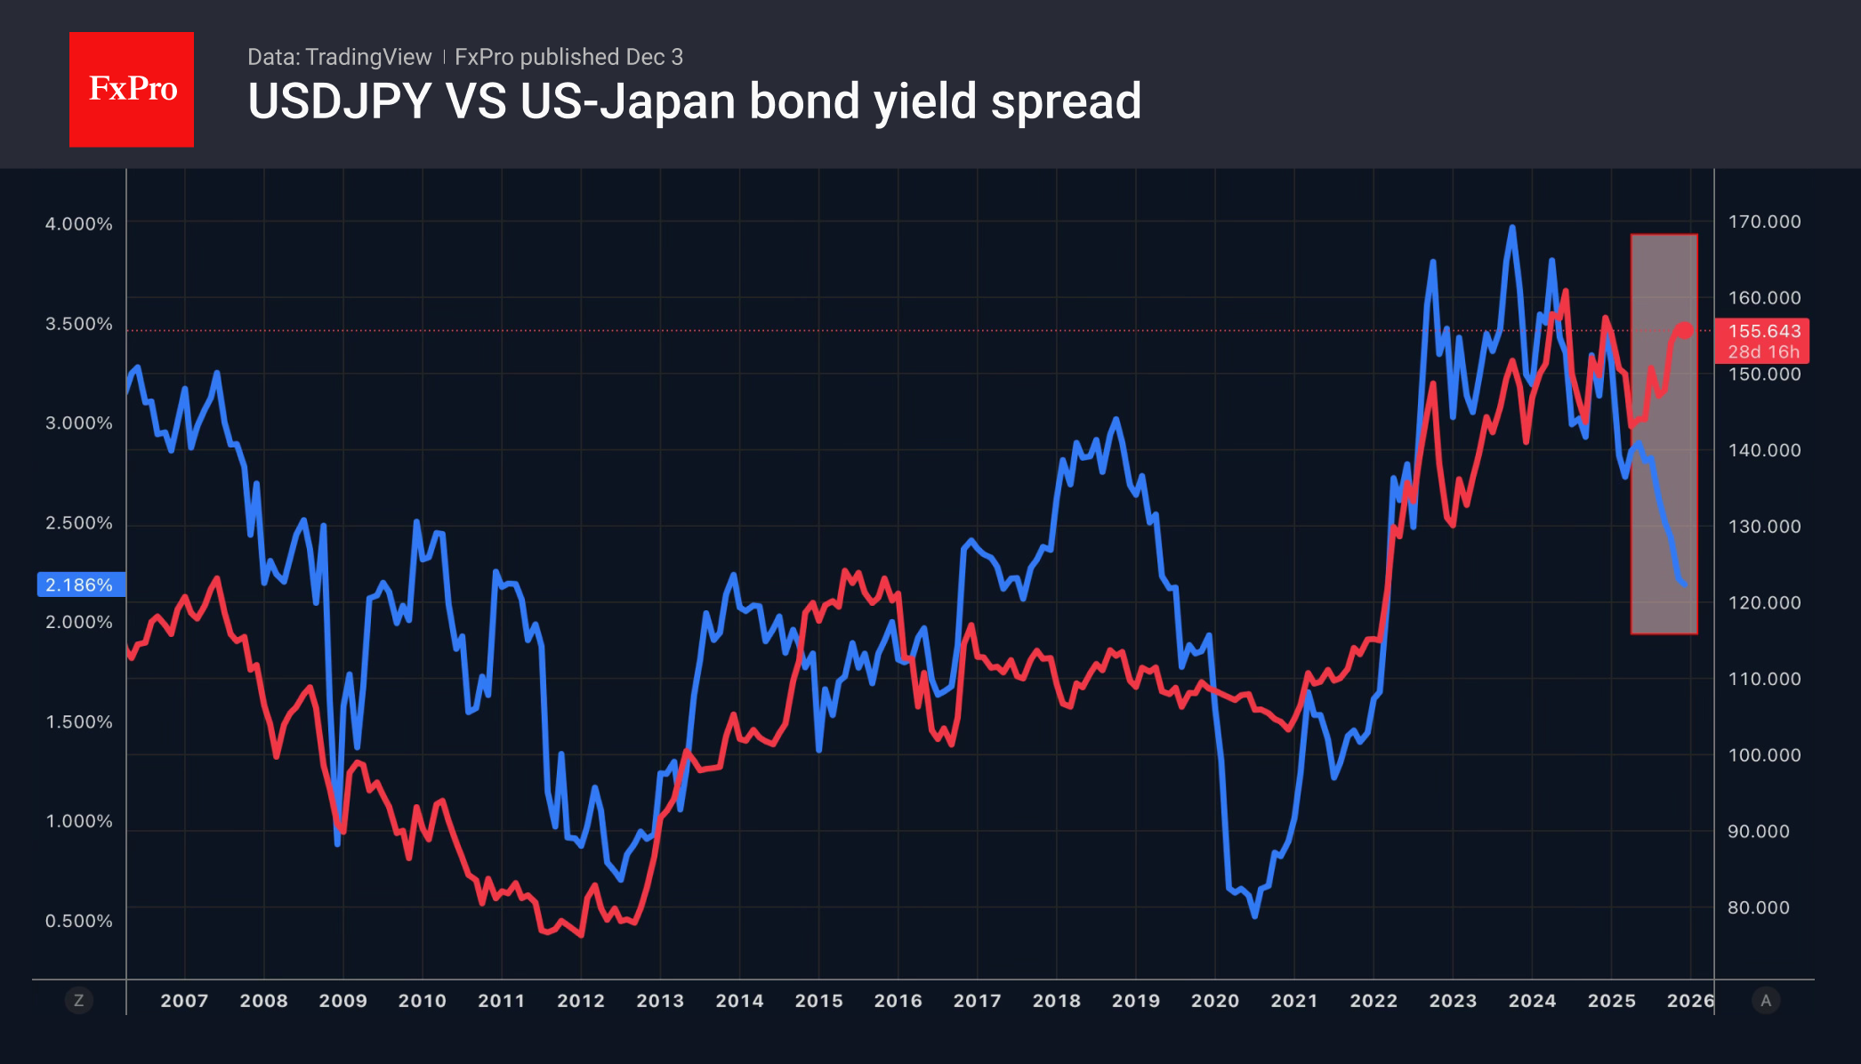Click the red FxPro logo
pos(132,89)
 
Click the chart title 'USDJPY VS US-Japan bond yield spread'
pos(694,101)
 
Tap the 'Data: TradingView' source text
pos(339,57)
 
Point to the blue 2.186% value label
pos(80,584)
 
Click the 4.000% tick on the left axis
pos(79,224)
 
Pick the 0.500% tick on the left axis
pos(79,921)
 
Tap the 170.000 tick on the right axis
pos(1764,222)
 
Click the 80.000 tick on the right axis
pos(1759,907)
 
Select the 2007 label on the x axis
pos(184,1001)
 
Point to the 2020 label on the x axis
pos(1215,1001)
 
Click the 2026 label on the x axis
pos(1690,1001)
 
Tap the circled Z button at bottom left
pos(79,1001)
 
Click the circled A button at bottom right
pos(1766,1001)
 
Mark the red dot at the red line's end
pos(1685,330)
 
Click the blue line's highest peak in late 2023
pos(1511,228)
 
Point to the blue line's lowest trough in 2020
pos(1254,915)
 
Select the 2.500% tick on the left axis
pos(79,523)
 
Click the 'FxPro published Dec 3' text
pos(568,57)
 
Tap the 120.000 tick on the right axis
pos(1764,602)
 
